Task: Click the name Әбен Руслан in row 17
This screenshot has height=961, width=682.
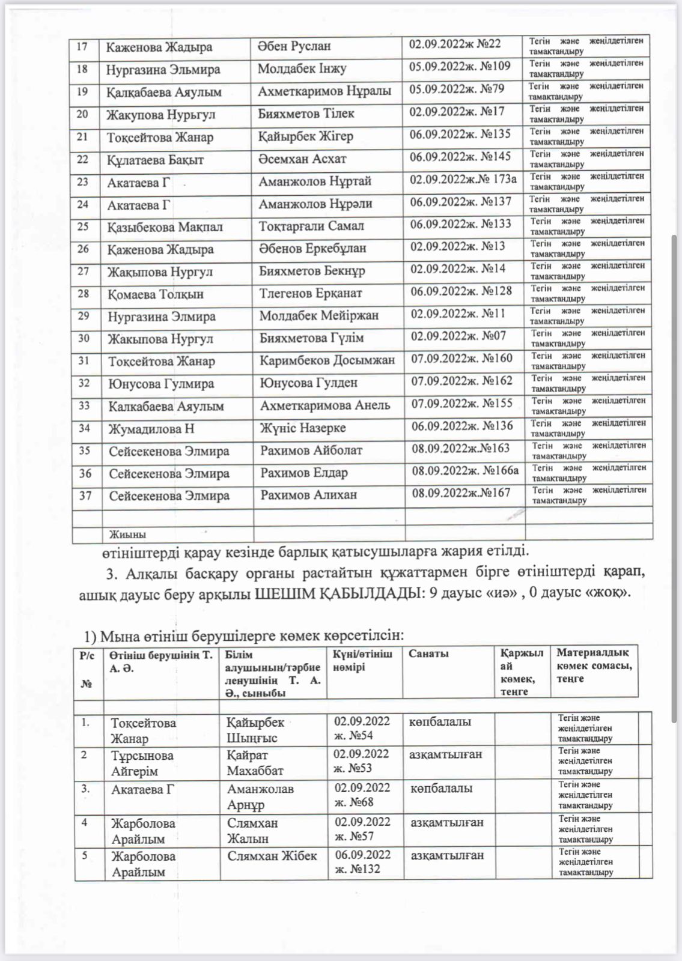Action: (294, 46)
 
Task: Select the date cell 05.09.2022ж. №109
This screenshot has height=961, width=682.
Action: (460, 66)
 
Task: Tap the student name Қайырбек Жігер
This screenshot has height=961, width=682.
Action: (306, 136)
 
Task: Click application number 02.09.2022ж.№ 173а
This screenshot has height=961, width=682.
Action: (463, 179)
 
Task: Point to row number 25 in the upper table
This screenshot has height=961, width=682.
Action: (83, 226)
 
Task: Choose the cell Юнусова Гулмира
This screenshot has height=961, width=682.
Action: (161, 384)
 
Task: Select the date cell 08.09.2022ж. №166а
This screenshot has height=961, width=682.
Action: (465, 471)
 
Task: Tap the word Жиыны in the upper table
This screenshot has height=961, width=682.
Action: (127, 535)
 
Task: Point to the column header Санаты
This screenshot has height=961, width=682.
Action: (428, 653)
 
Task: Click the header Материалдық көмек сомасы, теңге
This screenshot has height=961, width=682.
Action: (594, 665)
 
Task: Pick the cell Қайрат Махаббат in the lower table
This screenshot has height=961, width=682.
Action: (255, 763)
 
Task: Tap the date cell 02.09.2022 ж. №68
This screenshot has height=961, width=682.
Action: (362, 795)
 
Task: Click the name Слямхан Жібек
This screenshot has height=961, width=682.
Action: (272, 856)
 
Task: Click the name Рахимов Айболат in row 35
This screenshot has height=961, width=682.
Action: (311, 450)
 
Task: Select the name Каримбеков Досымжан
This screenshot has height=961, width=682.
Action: (327, 360)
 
